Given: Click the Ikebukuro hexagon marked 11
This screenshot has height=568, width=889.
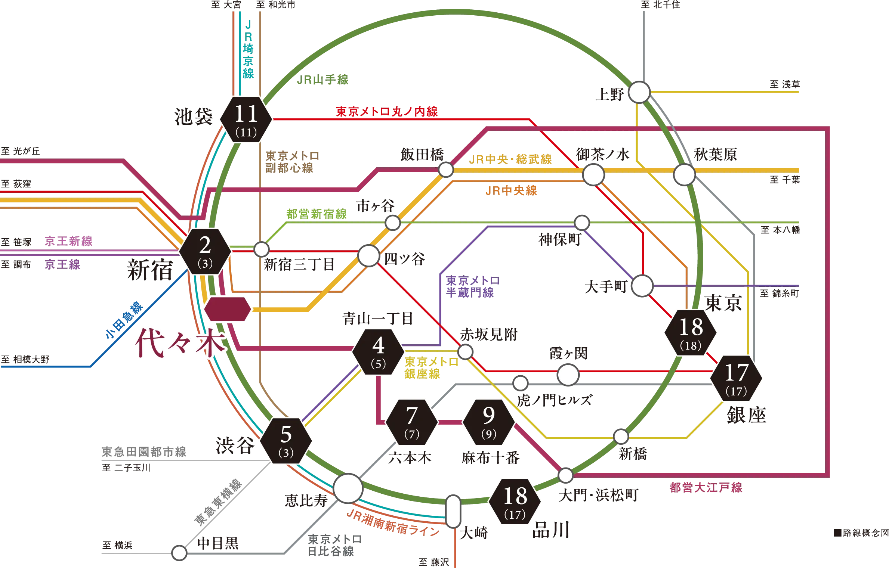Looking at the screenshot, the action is pyautogui.click(x=246, y=120).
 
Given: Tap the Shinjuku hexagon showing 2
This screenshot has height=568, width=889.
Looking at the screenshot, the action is pyautogui.click(x=205, y=251).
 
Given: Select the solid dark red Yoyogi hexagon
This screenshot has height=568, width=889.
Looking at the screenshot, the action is pyautogui.click(x=228, y=309).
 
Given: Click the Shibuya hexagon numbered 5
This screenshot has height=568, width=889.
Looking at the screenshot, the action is pyautogui.click(x=286, y=441).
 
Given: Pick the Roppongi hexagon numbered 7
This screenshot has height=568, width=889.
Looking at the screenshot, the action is pyautogui.click(x=411, y=422).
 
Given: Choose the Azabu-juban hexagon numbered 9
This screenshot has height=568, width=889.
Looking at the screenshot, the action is pyautogui.click(x=489, y=422).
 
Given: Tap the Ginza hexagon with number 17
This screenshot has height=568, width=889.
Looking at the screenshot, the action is pyautogui.click(x=736, y=378).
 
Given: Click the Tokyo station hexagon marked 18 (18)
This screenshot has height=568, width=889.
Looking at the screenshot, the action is pyautogui.click(x=691, y=333).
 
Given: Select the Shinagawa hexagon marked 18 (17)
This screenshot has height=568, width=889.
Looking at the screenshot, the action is pyautogui.click(x=515, y=502).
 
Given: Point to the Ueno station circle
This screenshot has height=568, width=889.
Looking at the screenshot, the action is pyautogui.click(x=639, y=92).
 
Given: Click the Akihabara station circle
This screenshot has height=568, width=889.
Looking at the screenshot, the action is pyautogui.click(x=684, y=174).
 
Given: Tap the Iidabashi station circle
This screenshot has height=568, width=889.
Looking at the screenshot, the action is pyautogui.click(x=446, y=170).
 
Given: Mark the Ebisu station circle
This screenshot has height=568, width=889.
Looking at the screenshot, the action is pyautogui.click(x=348, y=488).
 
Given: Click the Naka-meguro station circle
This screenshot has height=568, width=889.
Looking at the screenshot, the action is pyautogui.click(x=179, y=553).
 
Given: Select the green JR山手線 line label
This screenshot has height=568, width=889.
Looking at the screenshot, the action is pyautogui.click(x=322, y=80).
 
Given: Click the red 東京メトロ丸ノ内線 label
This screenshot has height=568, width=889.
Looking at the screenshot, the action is pyautogui.click(x=387, y=112).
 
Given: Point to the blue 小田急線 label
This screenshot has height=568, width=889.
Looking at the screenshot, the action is pyautogui.click(x=124, y=320).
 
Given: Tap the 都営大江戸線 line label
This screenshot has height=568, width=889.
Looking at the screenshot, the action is pyautogui.click(x=706, y=487).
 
